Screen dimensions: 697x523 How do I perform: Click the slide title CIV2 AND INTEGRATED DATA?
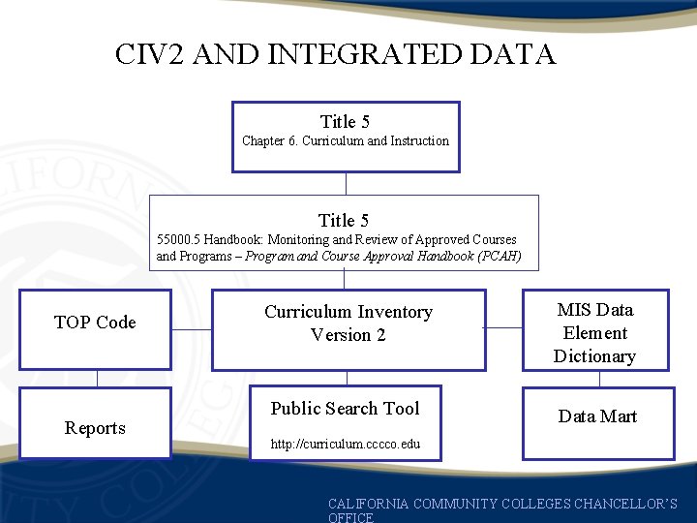click(335, 54)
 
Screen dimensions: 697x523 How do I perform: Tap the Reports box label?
click(95, 428)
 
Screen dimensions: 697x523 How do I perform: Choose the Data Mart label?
click(597, 416)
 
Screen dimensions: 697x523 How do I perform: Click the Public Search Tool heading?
click(346, 409)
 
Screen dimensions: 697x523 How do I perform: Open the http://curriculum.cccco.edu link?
click(346, 445)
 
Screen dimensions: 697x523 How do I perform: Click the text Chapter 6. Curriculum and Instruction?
click(346, 141)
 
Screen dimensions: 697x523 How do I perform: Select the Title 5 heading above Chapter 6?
click(346, 122)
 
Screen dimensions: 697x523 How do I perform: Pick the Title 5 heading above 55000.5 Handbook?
click(344, 221)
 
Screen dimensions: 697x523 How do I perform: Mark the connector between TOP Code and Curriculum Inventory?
click(192, 329)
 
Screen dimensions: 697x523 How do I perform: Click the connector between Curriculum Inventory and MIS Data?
click(503, 328)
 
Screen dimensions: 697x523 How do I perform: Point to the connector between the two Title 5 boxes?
click(346, 183)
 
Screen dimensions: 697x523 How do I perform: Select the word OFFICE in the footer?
click(350, 518)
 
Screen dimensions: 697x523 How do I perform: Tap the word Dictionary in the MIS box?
click(594, 356)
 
